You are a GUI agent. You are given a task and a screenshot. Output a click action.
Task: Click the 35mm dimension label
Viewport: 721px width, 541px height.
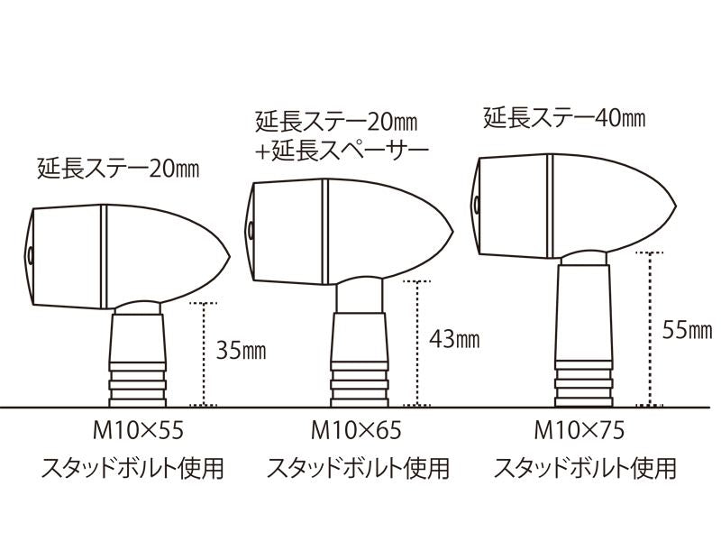[x=241, y=351]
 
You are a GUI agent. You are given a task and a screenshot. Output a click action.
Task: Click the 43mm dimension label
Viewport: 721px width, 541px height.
[x=454, y=340]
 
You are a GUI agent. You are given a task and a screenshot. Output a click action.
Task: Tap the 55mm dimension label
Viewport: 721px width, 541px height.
[x=687, y=330]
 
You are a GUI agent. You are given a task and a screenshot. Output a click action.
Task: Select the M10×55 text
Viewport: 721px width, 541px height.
[x=138, y=431]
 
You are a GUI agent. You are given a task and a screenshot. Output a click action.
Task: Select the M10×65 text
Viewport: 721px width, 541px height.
[x=356, y=431]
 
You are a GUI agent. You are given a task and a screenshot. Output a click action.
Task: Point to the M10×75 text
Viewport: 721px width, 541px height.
[x=579, y=431]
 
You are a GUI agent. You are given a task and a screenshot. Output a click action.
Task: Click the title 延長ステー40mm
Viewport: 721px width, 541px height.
[x=564, y=118]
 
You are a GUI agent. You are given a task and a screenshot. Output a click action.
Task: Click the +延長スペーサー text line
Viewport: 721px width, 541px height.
[x=342, y=151]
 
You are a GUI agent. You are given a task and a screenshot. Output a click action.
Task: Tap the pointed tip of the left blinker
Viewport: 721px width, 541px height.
[x=229, y=257]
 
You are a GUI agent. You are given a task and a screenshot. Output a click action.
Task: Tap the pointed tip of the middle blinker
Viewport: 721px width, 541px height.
[x=452, y=232]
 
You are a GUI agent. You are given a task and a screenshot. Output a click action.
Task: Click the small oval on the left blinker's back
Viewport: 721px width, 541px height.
[x=30, y=255]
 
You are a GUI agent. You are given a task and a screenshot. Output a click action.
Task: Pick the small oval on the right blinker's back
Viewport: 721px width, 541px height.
[x=477, y=206]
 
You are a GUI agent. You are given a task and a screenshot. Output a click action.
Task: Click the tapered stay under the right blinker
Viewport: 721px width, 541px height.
[x=583, y=313]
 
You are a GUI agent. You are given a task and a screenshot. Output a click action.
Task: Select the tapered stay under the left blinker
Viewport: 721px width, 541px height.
[x=138, y=338]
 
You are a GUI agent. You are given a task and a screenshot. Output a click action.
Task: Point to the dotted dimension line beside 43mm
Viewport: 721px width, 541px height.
[x=417, y=343]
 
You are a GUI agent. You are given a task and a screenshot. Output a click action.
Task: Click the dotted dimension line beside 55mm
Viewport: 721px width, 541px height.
[x=649, y=329]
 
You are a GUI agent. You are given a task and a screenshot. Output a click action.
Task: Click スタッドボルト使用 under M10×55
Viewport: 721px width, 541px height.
[x=132, y=468]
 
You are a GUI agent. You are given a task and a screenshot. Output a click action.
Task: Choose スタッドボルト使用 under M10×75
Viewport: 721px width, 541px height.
[x=585, y=468]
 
